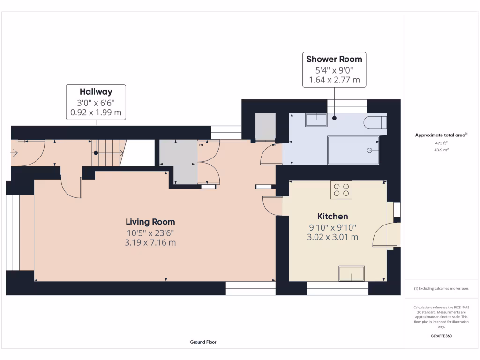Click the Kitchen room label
(332, 216)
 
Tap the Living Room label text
(150, 222)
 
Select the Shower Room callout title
(334, 59)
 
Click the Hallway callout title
(96, 92)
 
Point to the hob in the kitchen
(341, 189)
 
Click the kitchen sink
(352, 273)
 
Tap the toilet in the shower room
(375, 122)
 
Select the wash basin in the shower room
(316, 120)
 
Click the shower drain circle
(370, 150)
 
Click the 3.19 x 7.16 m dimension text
(150, 242)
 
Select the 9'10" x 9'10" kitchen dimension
(332, 227)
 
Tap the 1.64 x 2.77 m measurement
(334, 80)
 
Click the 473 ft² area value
(441, 143)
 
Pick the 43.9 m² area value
(441, 150)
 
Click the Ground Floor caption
(203, 342)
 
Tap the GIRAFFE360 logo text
(441, 336)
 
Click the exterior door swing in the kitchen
(384, 234)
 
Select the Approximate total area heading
(441, 135)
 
